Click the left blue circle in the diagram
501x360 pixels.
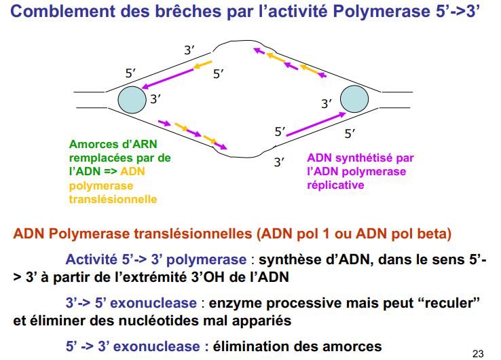click(132, 100)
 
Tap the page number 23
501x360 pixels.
click(477, 353)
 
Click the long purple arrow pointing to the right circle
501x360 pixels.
click(316, 125)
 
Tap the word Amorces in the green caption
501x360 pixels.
click(94, 144)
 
